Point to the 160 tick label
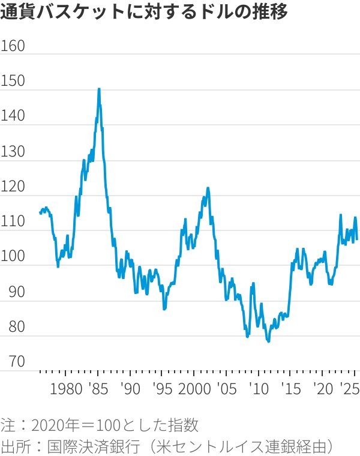13,47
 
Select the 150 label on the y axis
13,82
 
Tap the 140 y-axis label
13,116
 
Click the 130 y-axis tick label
13,152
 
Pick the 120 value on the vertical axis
13,187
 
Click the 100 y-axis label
13,257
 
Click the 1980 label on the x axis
66,388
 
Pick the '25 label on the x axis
350,388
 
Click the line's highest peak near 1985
98,89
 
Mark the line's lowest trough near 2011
268,341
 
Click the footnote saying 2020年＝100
100,425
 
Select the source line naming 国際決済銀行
168,446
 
